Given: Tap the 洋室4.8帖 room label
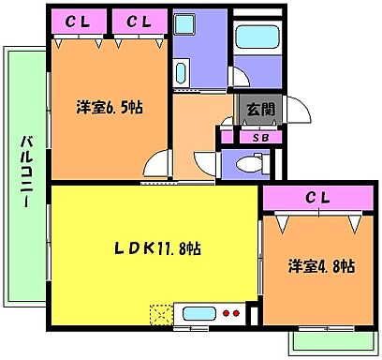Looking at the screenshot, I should pos(320,266).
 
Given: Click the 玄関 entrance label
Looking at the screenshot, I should pos(259,110).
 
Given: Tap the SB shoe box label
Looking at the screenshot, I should pos(259,138).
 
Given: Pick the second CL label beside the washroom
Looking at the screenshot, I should pos(139,20).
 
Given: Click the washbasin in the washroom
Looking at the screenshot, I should pos(181,73).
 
